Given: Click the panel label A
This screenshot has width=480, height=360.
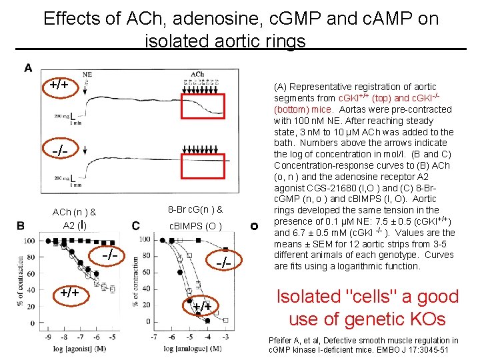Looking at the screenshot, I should (28, 67).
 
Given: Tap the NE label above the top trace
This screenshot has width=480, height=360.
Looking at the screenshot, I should (87, 74).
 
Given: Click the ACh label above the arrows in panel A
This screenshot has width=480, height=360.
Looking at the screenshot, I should (197, 74).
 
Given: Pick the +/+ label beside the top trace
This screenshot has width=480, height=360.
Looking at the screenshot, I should (59, 85).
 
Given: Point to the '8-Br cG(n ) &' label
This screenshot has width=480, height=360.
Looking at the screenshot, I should (195, 209).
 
